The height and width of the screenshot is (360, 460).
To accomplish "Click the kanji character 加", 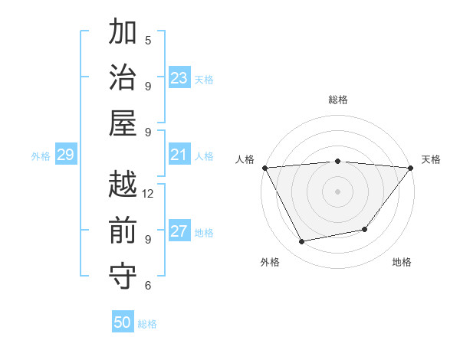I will pos(123,34).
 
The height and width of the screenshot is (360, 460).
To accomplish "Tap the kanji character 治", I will pos(123,80).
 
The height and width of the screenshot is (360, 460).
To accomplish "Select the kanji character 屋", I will pos(123,125).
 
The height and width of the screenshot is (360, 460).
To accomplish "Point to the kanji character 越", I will pos(123,186).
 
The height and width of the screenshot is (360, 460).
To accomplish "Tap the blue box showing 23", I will pos(179,78).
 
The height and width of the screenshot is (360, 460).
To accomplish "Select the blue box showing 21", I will pos(179,155).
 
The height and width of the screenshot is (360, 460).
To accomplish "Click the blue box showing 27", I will pos(179,231).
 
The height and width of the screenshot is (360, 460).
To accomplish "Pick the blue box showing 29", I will pos(65,155).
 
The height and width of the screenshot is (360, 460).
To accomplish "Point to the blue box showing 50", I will pos(123,322).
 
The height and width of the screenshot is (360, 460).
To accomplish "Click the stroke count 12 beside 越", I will pos(148,194).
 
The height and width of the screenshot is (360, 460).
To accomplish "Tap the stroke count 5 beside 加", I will pos(148,40).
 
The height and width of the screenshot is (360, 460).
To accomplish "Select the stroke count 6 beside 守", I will pos(148,286).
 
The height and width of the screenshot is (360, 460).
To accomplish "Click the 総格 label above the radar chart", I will pos(338,100).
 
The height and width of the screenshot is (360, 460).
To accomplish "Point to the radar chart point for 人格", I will pos(264,168).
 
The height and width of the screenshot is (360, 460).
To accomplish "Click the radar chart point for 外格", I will pos(301,242).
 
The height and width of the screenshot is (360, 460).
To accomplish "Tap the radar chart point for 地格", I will pos(365,229).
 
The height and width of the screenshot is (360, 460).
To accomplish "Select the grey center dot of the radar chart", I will pos(337,191).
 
